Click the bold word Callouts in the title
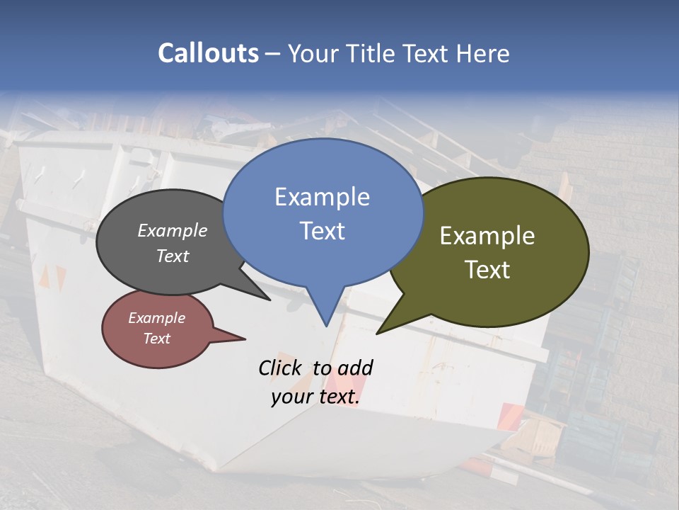(x=208, y=53)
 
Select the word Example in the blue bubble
(x=322, y=197)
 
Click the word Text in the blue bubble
(x=322, y=231)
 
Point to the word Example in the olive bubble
(x=487, y=236)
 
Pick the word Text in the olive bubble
(x=487, y=270)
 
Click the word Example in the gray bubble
(x=172, y=231)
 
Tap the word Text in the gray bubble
(x=172, y=256)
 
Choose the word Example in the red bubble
(x=156, y=318)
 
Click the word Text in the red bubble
(x=156, y=339)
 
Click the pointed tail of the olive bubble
(x=379, y=331)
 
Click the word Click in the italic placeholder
(x=279, y=368)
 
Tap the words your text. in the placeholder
(x=315, y=397)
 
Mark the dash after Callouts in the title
(x=273, y=53)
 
